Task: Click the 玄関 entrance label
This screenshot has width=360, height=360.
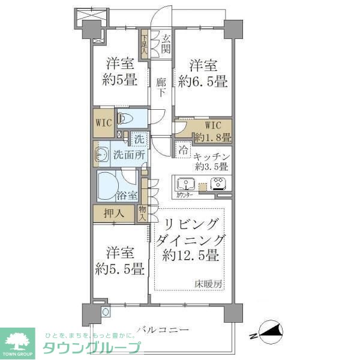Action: tap(166, 45)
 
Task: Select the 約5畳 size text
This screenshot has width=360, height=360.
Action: tap(120, 80)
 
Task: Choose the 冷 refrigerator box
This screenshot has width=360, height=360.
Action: tap(181, 149)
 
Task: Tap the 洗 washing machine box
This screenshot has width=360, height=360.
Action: tap(139, 139)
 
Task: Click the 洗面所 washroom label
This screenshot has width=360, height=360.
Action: tap(129, 155)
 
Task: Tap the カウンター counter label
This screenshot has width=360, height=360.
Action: tap(185, 196)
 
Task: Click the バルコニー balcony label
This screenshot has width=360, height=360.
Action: tap(163, 329)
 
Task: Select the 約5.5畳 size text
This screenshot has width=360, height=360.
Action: tap(120, 269)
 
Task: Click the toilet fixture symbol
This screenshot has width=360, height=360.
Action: tap(124, 118)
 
